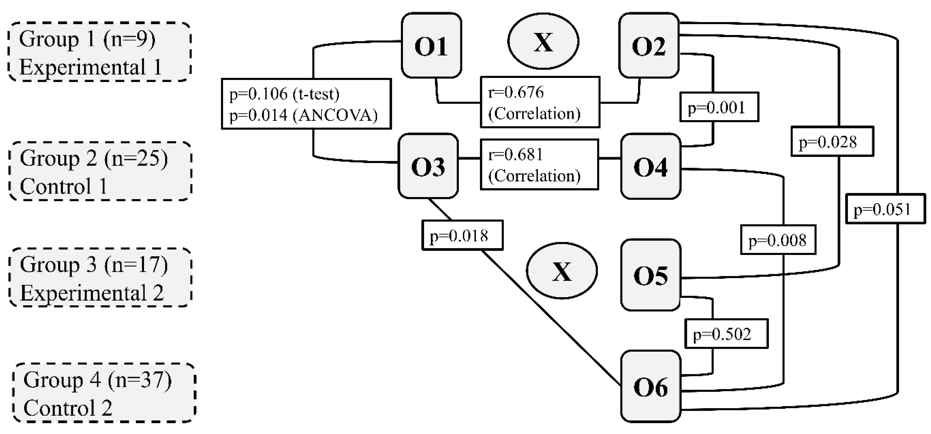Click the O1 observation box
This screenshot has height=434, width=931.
pos(431,45)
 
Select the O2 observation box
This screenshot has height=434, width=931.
pos(649,45)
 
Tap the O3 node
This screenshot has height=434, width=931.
pos(428,166)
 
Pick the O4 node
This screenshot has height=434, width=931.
pos(650,166)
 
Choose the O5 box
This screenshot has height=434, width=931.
pos(650,275)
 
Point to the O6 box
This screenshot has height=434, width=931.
pos(650,386)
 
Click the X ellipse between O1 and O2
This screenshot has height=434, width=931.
pos(543,41)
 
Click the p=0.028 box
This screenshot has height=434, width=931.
pos(832,141)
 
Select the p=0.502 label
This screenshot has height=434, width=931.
pos(726,334)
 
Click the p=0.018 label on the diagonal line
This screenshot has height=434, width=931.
pos(462,235)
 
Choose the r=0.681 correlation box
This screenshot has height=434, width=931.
pos(539,164)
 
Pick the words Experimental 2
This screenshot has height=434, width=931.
pos(92,293)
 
